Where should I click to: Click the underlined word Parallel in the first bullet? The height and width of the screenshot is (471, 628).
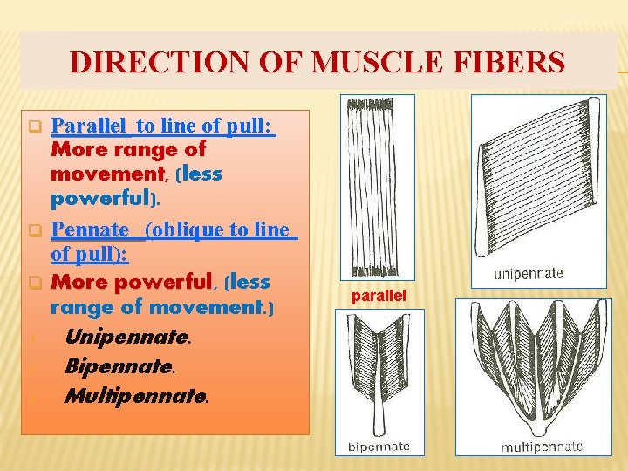tap(89, 126)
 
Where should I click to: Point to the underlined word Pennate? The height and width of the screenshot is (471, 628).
tap(90, 230)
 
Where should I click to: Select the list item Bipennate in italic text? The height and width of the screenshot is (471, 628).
tap(121, 366)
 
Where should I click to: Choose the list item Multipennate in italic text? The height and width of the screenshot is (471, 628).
tap(136, 397)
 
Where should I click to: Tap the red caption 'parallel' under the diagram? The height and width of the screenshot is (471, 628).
tap(379, 296)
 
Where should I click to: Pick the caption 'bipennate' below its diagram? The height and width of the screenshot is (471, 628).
tap(379, 446)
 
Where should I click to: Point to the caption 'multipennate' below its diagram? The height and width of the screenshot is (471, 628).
tap(541, 447)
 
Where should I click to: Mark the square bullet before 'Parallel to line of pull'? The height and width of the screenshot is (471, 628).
tap(36, 127)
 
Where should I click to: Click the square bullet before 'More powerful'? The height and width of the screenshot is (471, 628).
tap(36, 283)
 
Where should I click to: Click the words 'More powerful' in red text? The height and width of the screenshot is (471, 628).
tap(132, 283)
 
